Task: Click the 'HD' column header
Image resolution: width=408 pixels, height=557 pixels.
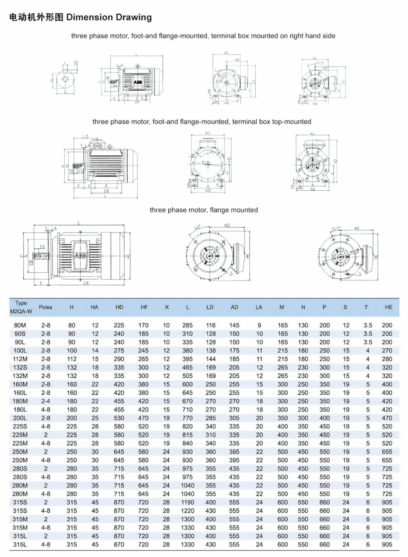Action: click(x=119, y=307)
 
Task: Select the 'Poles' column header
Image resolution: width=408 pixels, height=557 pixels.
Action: click(x=45, y=307)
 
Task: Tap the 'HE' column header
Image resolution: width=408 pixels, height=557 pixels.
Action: click(x=388, y=307)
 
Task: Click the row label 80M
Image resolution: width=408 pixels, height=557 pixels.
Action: click(x=20, y=325)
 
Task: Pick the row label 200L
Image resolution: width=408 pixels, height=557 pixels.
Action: click(x=20, y=418)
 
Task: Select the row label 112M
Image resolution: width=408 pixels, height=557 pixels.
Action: click(x=20, y=359)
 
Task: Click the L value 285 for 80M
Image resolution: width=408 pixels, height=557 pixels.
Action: click(x=187, y=325)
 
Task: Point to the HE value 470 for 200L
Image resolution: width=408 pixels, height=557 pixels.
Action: click(x=387, y=418)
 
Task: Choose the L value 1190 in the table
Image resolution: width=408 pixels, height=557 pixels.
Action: click(x=187, y=502)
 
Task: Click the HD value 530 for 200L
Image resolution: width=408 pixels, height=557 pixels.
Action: click(x=119, y=418)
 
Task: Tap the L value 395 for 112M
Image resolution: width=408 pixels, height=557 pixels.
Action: click(x=187, y=359)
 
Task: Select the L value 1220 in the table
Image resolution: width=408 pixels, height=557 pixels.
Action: click(x=187, y=511)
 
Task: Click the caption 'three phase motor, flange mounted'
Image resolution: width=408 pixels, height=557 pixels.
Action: click(x=204, y=210)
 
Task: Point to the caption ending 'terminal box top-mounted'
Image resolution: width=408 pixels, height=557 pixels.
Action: click(x=202, y=122)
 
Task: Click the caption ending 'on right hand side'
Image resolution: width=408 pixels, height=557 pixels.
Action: click(x=203, y=36)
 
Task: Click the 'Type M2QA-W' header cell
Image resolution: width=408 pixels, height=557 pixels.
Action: click(x=21, y=307)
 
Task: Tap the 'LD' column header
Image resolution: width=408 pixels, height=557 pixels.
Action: click(x=210, y=307)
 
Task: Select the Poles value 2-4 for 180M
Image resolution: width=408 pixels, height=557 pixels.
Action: click(x=45, y=401)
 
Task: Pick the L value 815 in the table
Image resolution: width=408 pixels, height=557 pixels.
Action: click(x=187, y=435)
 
